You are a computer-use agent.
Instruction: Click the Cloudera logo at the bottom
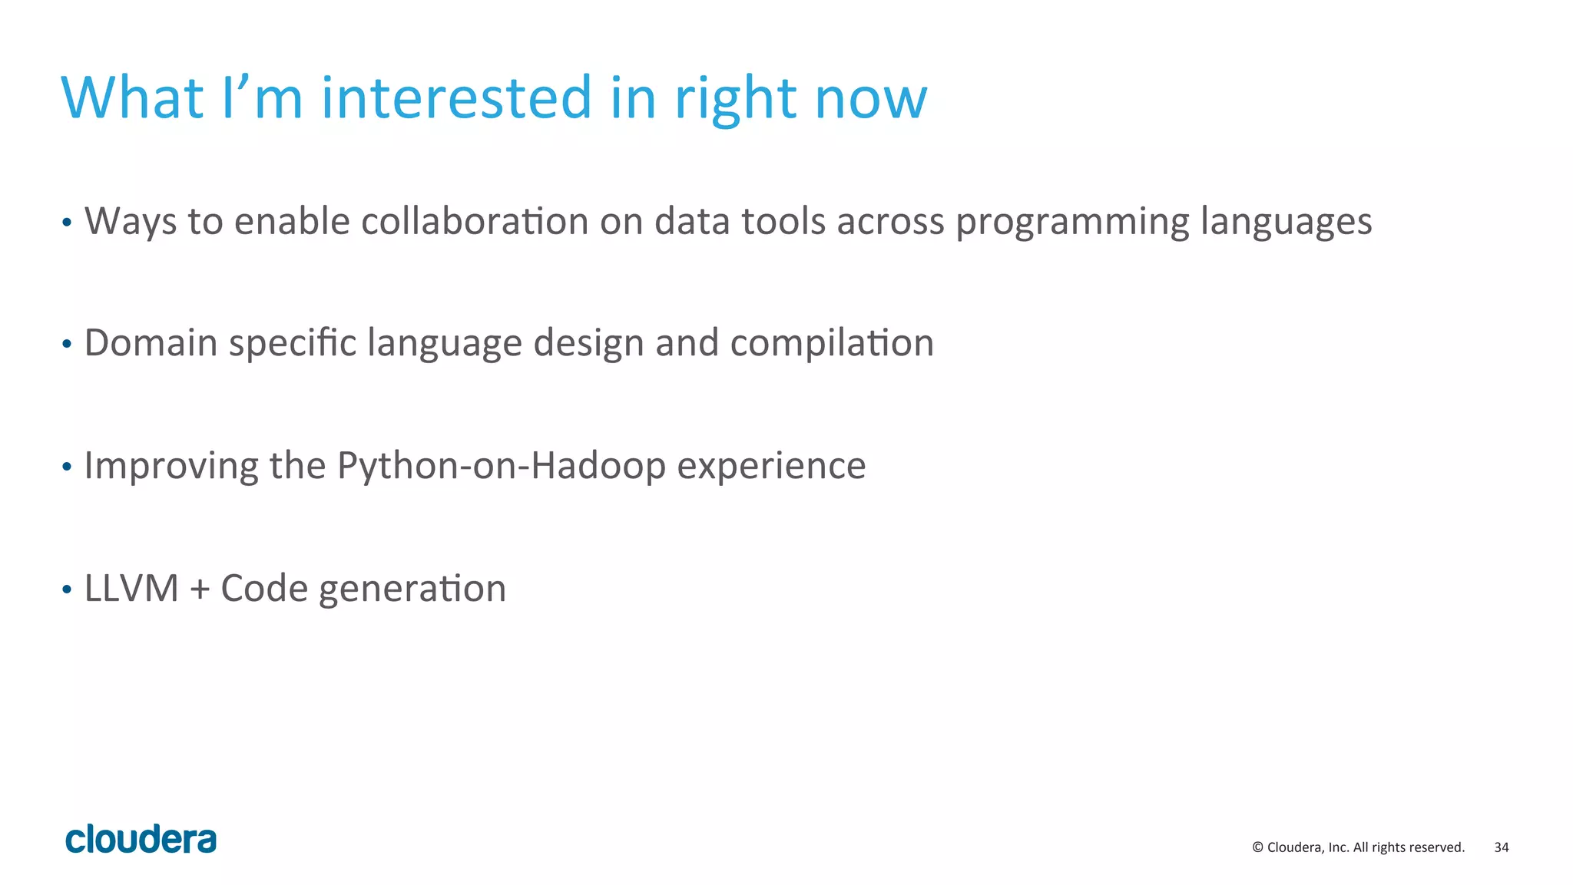[x=141, y=839]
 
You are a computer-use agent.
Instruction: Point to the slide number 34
[x=1501, y=847]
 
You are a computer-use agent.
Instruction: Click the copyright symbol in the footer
[x=1257, y=847]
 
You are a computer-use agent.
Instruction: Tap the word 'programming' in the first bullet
[x=1071, y=223]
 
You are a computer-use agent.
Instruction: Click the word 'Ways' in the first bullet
[x=131, y=221]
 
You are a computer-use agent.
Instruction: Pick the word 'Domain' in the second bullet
[x=151, y=342]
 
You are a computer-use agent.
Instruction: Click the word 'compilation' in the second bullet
[x=831, y=344]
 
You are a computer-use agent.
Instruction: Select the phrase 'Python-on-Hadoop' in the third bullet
[x=501, y=466]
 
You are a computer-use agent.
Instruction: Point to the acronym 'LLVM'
[x=131, y=589]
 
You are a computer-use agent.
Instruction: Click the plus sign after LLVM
[x=199, y=589]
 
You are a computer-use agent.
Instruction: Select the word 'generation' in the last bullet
[x=412, y=589]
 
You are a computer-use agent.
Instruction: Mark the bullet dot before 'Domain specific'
[x=67, y=345]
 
